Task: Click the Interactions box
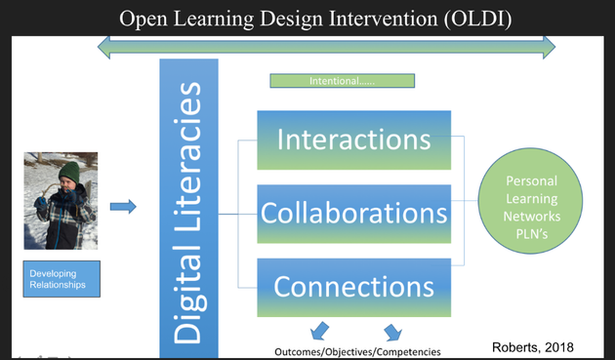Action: click(353, 140)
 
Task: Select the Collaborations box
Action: click(353, 213)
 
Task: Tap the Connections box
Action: click(353, 287)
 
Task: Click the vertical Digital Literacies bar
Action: click(188, 210)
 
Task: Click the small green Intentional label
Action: click(342, 81)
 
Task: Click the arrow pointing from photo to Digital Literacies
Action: click(122, 206)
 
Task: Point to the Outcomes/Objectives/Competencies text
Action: click(357, 351)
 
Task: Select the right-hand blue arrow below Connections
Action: click(392, 331)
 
